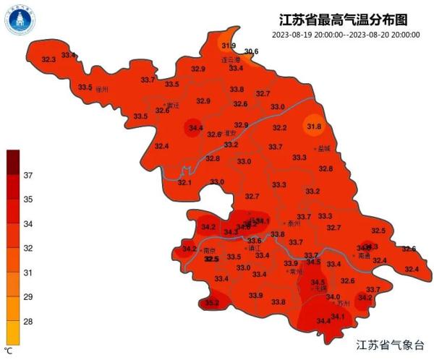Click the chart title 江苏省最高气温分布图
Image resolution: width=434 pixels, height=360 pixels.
(335, 19)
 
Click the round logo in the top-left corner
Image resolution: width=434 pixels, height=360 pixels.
(20, 20)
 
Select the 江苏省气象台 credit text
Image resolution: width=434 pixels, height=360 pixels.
(394, 346)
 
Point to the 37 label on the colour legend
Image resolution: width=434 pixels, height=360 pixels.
(29, 176)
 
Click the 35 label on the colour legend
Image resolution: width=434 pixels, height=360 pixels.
(29, 199)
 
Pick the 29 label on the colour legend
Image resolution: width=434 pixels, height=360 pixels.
(29, 297)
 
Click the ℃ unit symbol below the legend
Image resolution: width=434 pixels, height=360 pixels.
(9, 351)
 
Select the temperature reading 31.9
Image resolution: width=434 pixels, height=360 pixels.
(228, 46)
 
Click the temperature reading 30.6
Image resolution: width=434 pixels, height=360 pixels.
(251, 51)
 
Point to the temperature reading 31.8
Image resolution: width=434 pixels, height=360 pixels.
(314, 127)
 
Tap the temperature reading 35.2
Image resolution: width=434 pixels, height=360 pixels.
(212, 303)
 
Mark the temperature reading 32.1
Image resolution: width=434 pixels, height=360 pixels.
(185, 182)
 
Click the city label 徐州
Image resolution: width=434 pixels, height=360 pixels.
(102, 90)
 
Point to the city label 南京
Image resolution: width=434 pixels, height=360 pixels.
(210, 250)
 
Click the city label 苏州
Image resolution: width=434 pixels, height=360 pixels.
(344, 304)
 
